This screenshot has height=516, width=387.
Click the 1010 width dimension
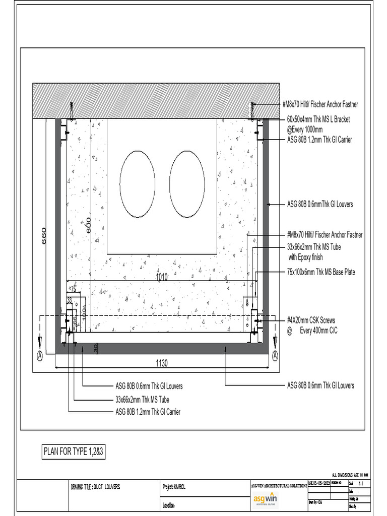coord(162,277)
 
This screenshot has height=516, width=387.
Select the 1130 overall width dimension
coord(162,362)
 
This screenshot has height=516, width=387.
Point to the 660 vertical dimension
coord(44,235)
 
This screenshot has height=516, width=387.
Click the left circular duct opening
coord(137,184)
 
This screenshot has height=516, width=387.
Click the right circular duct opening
coord(187,184)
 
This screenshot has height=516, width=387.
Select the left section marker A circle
coord(39,355)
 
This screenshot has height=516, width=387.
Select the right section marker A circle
coord(275,355)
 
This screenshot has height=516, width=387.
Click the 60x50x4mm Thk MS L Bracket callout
coord(318,119)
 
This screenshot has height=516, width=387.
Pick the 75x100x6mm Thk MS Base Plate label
coord(321,272)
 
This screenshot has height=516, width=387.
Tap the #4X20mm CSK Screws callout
coord(311,320)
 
